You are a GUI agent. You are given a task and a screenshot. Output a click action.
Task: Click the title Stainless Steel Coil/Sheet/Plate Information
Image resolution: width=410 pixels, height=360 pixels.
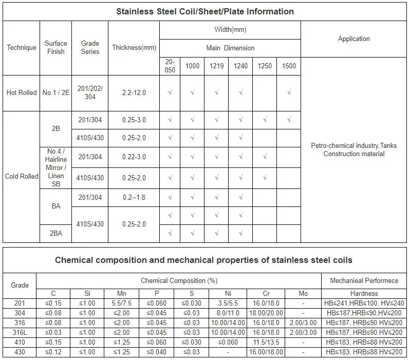(x=205, y=11)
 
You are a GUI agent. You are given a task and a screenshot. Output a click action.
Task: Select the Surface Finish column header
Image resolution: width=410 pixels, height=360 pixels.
(x=55, y=47)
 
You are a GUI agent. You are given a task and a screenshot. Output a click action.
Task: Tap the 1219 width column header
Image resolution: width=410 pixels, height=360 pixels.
(x=216, y=66)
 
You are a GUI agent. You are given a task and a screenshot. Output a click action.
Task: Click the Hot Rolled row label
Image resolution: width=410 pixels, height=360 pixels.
(x=22, y=92)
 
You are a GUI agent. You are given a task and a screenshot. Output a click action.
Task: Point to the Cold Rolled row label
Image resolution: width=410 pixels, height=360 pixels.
(x=22, y=176)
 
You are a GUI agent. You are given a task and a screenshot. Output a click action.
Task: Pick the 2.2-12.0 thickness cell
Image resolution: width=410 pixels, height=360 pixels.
(x=134, y=92)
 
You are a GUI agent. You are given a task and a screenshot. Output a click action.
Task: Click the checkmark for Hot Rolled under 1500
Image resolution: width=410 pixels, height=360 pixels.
(x=289, y=92)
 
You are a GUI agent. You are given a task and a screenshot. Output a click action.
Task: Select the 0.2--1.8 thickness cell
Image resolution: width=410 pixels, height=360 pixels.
(x=134, y=197)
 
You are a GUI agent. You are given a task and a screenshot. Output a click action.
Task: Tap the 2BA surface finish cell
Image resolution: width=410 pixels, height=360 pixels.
(x=55, y=234)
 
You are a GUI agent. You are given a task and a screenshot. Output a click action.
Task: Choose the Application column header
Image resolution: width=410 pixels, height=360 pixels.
(x=354, y=39)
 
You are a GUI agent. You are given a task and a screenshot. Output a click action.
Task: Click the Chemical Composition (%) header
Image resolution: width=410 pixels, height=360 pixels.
(x=179, y=280)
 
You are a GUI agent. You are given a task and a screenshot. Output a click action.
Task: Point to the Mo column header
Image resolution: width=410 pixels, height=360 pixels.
(x=303, y=293)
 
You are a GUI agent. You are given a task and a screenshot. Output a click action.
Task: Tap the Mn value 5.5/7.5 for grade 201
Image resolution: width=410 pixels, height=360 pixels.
(x=121, y=303)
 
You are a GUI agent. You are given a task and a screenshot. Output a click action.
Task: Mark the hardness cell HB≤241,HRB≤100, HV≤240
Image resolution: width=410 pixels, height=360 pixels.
(x=364, y=303)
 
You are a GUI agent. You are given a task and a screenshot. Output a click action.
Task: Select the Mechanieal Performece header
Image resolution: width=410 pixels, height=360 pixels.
(x=364, y=280)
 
